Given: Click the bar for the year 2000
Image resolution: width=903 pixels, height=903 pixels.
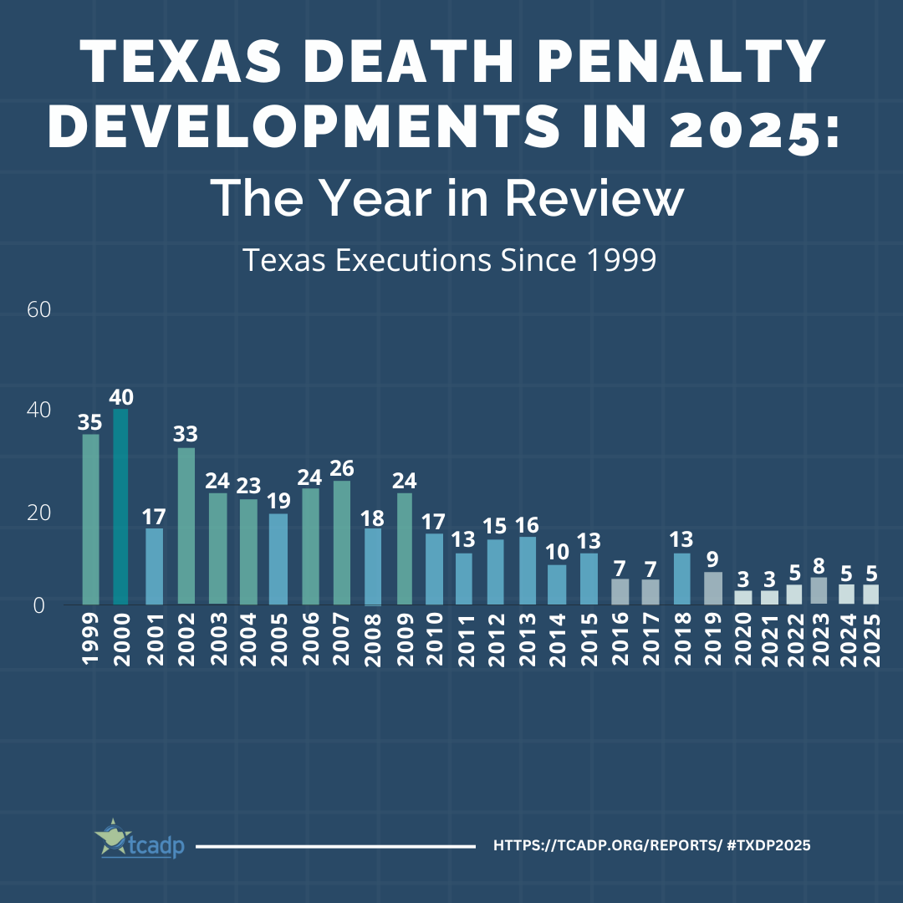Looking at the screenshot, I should (x=121, y=507).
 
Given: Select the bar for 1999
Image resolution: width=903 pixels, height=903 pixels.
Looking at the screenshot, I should (x=90, y=519).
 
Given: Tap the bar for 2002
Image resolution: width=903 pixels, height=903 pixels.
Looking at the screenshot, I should (x=186, y=526).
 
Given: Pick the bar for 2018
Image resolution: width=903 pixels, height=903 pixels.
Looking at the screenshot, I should (x=681, y=579).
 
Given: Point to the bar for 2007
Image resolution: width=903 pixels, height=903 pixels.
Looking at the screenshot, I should (x=341, y=543).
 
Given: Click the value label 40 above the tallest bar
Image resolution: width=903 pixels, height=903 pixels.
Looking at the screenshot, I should (x=121, y=396).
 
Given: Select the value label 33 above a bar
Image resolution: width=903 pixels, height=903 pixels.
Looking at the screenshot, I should (x=186, y=434).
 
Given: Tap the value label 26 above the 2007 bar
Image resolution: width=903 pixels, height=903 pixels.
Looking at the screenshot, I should (x=341, y=467).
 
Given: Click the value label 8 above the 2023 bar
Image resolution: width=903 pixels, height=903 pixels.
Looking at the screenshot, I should (x=819, y=564).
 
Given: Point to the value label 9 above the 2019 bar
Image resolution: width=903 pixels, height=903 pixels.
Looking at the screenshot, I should (x=712, y=559).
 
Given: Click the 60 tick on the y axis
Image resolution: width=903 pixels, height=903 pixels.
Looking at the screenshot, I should (x=39, y=310).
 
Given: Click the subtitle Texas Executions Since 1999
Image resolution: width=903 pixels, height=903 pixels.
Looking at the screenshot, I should (x=449, y=261).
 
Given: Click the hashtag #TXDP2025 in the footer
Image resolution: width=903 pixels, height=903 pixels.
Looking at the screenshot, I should (x=768, y=846).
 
